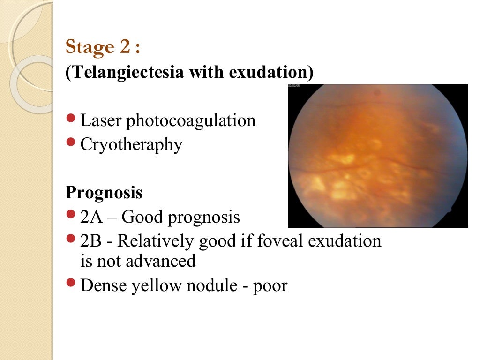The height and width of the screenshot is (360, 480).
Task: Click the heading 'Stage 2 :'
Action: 103,47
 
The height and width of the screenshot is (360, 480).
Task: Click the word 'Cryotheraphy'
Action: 131,145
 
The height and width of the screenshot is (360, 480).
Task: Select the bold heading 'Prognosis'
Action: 104,193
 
